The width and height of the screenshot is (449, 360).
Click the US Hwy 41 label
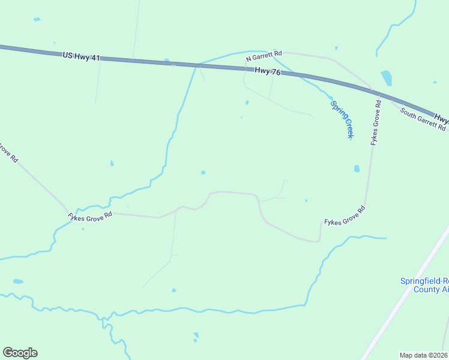coord(81,56)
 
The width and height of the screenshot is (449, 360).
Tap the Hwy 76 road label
coord(268,71)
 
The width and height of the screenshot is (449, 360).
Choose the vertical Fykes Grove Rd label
coord(376,122)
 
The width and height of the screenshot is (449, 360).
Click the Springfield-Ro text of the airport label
coord(424,281)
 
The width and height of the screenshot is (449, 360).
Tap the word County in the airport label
coord(427,289)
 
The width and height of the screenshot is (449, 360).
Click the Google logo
coord(20,353)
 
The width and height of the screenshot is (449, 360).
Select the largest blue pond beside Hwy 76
coord(386,78)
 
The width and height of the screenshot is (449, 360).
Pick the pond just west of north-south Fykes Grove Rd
coord(357,169)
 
